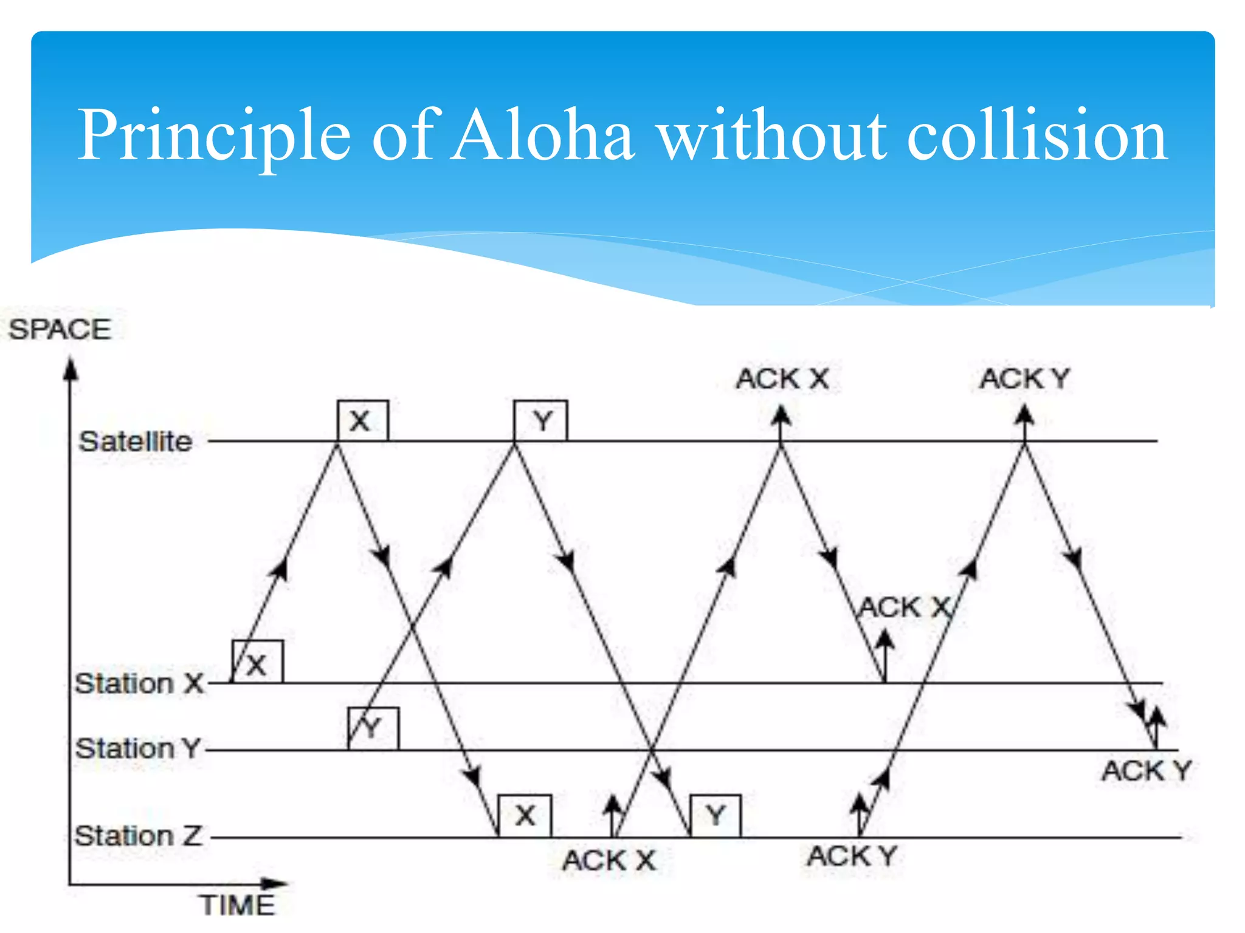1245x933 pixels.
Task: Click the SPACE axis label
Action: click(x=60, y=330)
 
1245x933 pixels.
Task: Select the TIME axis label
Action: click(x=238, y=905)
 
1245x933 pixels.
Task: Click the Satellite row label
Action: click(x=136, y=442)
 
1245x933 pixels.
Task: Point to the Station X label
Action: click(x=139, y=683)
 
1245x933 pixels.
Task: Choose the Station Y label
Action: click(x=138, y=748)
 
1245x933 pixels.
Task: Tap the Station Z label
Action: click(x=138, y=836)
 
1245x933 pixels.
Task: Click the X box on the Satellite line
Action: click(x=362, y=420)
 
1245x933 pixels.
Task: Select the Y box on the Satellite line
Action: click(x=540, y=420)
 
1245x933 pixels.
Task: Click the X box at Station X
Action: click(x=258, y=662)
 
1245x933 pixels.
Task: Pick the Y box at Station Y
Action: click(x=373, y=728)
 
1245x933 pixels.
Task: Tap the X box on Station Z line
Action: click(x=525, y=815)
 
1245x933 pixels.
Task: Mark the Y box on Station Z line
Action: click(x=716, y=815)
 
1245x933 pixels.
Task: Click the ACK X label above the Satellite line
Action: click(x=782, y=379)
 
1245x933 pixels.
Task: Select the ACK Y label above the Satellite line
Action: click(x=1025, y=379)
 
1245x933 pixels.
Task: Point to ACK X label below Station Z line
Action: click(x=609, y=860)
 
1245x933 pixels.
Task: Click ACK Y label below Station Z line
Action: click(x=852, y=856)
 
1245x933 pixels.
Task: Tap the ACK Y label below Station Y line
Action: click(x=1147, y=771)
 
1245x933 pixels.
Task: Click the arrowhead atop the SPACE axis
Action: click(x=71, y=369)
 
